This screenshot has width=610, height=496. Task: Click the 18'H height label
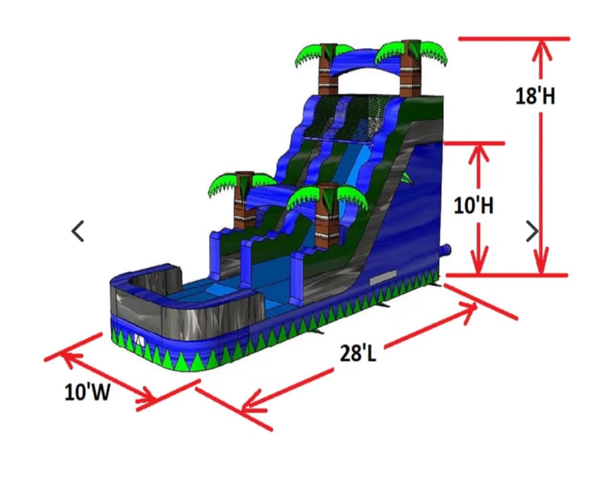(x=535, y=96)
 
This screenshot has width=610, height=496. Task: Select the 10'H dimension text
(x=474, y=205)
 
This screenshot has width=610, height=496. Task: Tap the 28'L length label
(x=358, y=353)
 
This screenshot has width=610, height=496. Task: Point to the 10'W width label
(x=87, y=392)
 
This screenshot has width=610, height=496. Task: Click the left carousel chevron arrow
(x=78, y=231)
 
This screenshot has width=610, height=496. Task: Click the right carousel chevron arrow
(x=532, y=231)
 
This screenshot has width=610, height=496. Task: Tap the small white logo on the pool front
(x=139, y=341)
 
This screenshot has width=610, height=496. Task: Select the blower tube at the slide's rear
(x=445, y=250)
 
